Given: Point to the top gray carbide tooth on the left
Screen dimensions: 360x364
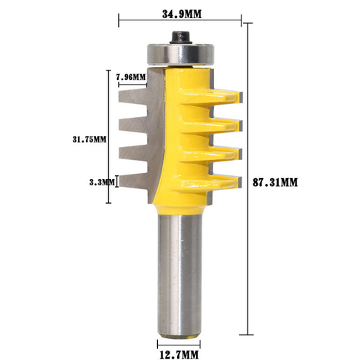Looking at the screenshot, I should (135, 93).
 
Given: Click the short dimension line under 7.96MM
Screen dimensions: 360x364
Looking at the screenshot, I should (131, 84).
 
